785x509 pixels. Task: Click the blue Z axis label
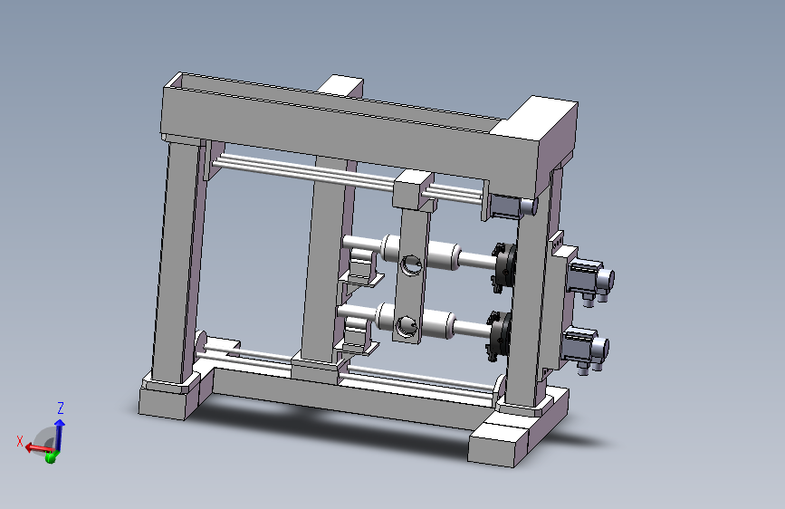pos(61,408)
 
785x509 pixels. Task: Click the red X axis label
pos(20,441)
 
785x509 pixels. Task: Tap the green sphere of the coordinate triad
pos(50,457)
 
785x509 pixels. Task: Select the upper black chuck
pos(504,267)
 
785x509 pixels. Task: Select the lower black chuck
pos(500,336)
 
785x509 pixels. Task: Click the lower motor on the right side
pos(585,350)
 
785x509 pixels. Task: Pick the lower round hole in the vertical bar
pos(406,327)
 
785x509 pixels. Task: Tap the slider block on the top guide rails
pos(413,190)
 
